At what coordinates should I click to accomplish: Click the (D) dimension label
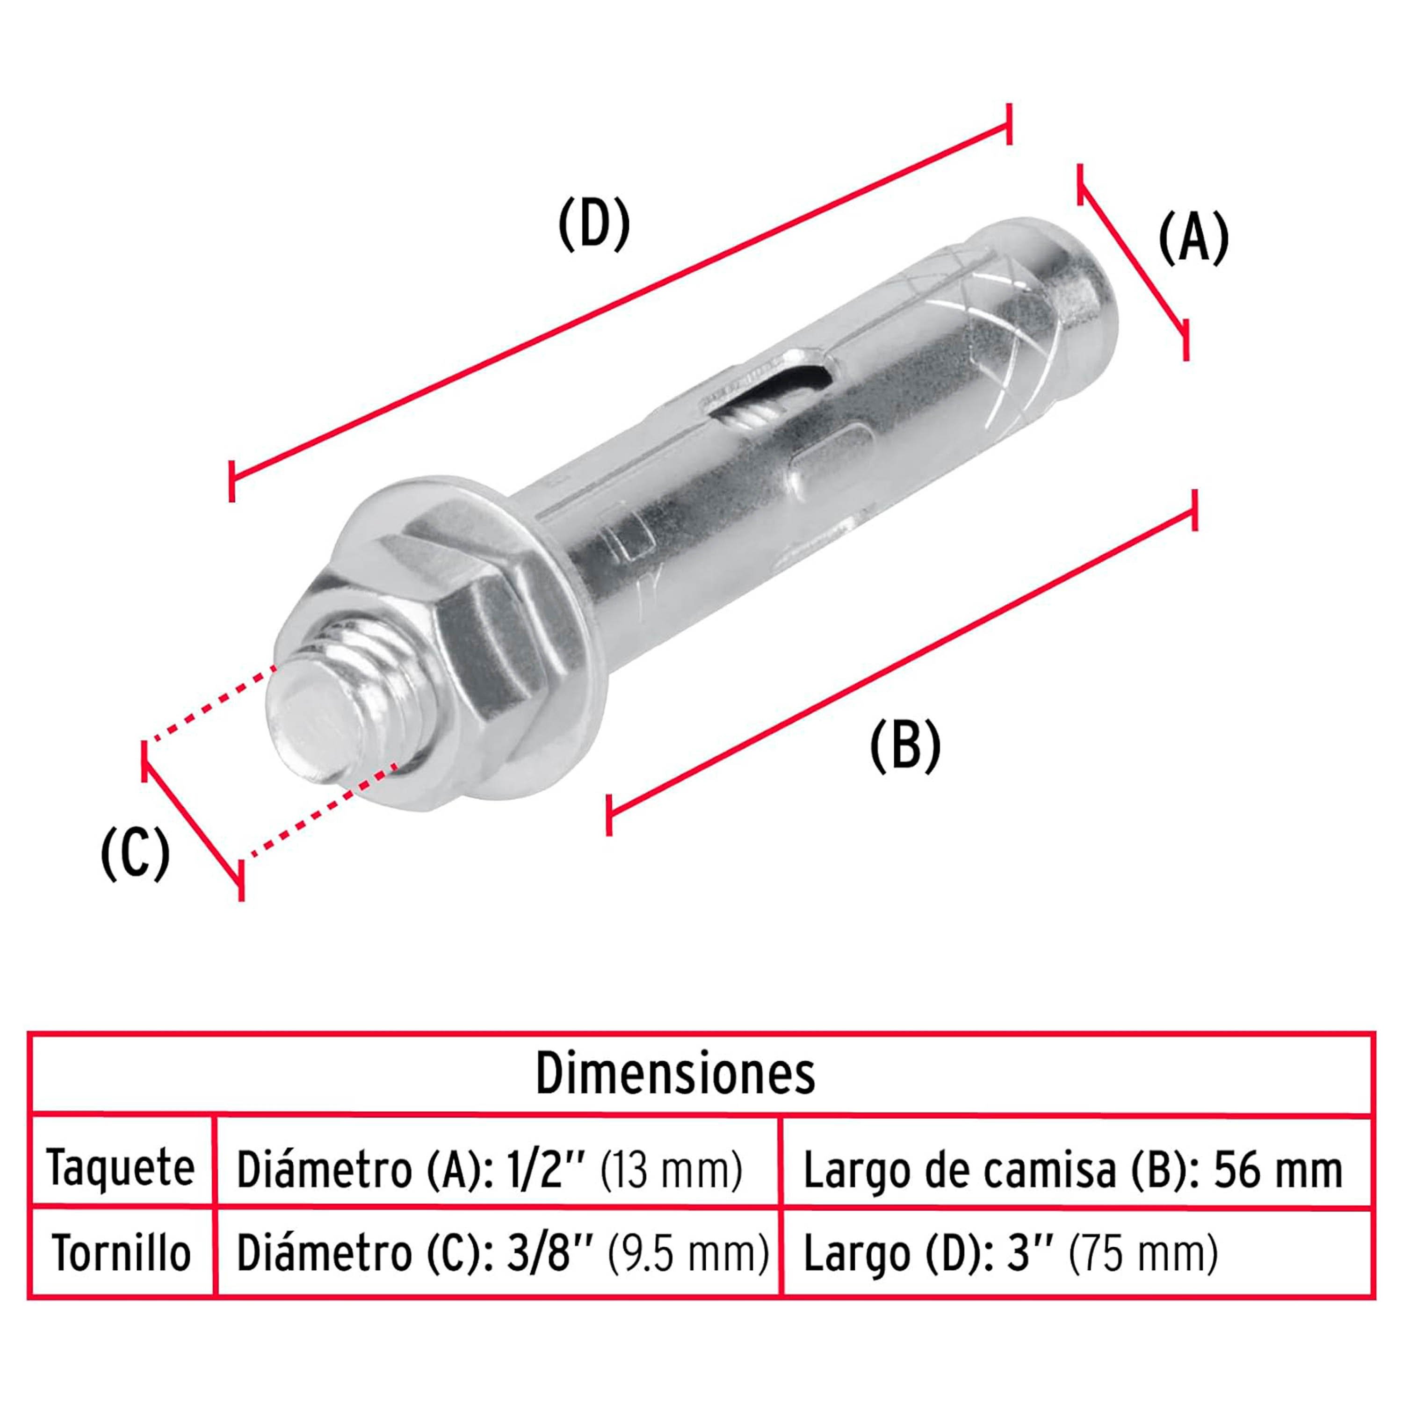coord(593,224)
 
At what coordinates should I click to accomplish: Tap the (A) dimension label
coord(1193,238)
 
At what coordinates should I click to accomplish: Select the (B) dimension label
coord(905,746)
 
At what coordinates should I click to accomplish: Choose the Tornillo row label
coord(121,1253)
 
